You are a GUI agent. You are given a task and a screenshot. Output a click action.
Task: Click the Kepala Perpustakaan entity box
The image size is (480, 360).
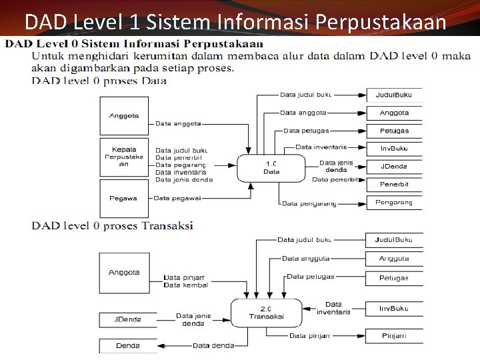tap(124, 157)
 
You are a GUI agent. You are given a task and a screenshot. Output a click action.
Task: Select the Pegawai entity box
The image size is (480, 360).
tap(124, 198)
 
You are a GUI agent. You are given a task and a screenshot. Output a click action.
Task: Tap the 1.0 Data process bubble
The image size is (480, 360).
tap(271, 168)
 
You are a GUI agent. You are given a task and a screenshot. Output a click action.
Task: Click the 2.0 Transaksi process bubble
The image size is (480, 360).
tap(266, 313)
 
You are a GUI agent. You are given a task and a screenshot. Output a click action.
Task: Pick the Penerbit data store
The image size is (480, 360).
tap(394, 184)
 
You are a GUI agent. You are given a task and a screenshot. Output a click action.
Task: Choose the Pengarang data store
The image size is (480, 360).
tap(394, 202)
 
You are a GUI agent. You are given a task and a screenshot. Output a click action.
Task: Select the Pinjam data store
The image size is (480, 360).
tap(393, 336)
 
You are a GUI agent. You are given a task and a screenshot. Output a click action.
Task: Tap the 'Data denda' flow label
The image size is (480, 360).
tap(213, 345)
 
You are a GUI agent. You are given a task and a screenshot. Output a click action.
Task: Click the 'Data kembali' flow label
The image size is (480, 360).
tap(185, 285)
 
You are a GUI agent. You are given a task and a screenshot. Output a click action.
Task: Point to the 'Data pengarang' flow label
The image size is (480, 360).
tap(309, 203)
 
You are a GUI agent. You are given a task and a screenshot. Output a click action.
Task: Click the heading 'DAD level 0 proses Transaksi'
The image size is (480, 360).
tap(112, 225)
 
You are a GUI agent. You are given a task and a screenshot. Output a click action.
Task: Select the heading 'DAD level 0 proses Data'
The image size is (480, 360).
tap(99, 81)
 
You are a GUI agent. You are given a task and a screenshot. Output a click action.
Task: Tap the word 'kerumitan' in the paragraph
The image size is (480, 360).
tap(159, 56)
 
